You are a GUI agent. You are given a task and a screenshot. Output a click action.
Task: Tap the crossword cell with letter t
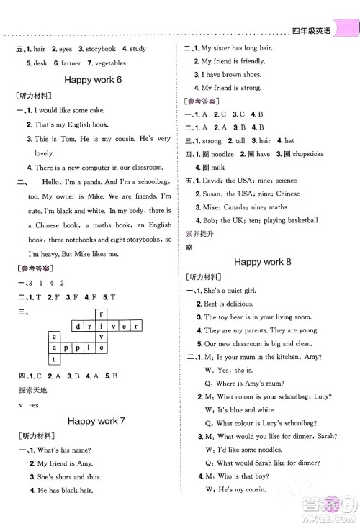pyautogui.click(x=53, y=358)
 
